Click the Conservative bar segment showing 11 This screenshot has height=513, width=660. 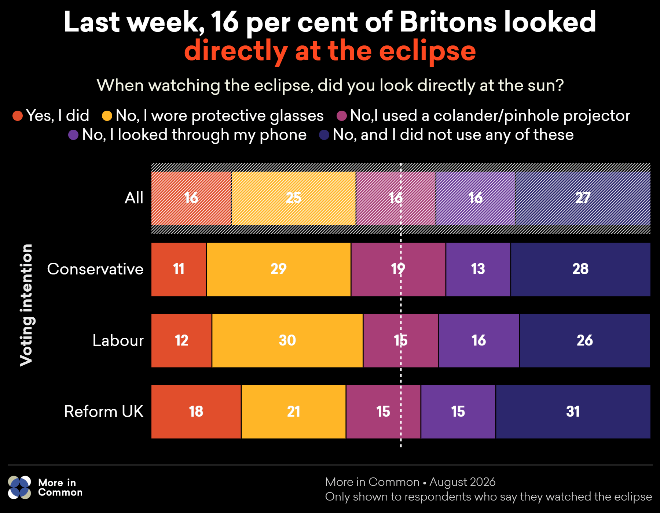179,269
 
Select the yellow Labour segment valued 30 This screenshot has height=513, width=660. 287,340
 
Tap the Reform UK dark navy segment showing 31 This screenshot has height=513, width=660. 573,411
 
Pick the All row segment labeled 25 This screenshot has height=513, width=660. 294,198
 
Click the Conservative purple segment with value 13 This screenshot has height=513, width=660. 478,269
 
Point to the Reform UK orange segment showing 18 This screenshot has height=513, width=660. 196,411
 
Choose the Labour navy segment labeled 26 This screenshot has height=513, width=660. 585,340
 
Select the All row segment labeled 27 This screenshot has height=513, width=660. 583,198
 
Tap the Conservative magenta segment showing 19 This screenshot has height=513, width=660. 399,269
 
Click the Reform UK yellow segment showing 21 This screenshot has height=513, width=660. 294,411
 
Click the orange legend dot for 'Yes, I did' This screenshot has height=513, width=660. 18,116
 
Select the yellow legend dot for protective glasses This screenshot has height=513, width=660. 107,116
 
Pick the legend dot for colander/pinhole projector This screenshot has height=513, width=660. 342,116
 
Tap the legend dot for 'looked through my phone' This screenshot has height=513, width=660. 73,135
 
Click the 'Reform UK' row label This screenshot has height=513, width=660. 104,411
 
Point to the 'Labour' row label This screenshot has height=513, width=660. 118,340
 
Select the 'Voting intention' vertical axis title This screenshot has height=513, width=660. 26,305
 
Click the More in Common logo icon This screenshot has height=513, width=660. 19,487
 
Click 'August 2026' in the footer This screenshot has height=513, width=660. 462,482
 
